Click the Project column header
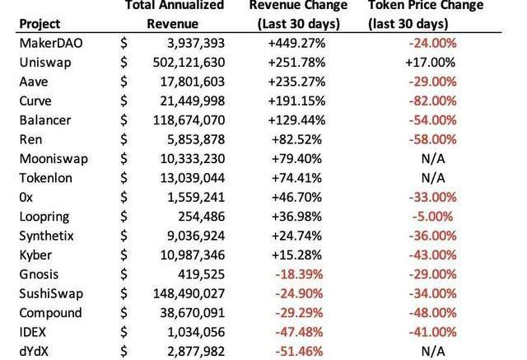pyautogui.click(x=39, y=23)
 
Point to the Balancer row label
pyautogui.click(x=44, y=119)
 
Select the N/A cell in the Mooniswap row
pyautogui.click(x=431, y=158)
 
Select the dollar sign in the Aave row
pyautogui.click(x=124, y=82)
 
